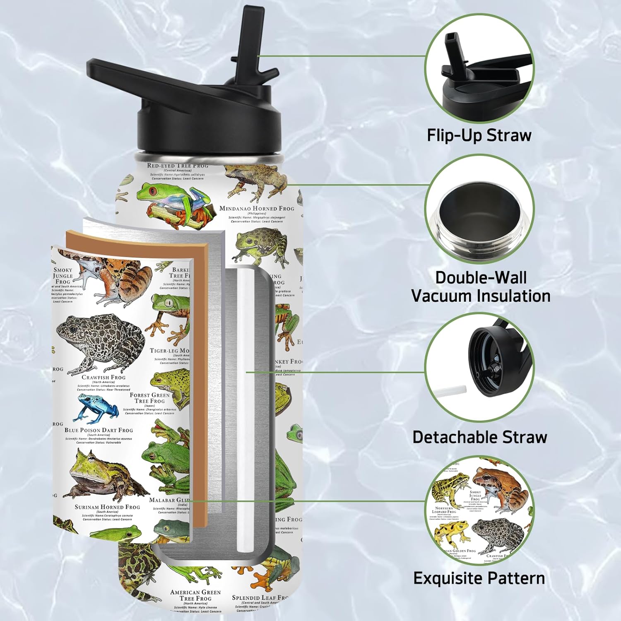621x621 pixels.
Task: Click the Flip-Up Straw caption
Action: click(x=479, y=136)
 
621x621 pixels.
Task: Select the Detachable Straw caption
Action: click(x=480, y=438)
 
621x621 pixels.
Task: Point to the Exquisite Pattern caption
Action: click(x=479, y=578)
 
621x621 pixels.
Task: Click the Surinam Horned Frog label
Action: click(x=107, y=507)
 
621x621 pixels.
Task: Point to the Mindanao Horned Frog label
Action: click(x=257, y=209)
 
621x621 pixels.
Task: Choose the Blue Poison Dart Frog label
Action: click(x=99, y=431)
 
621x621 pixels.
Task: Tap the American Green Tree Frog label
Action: click(x=195, y=595)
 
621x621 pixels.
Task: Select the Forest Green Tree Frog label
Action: click(x=149, y=398)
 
